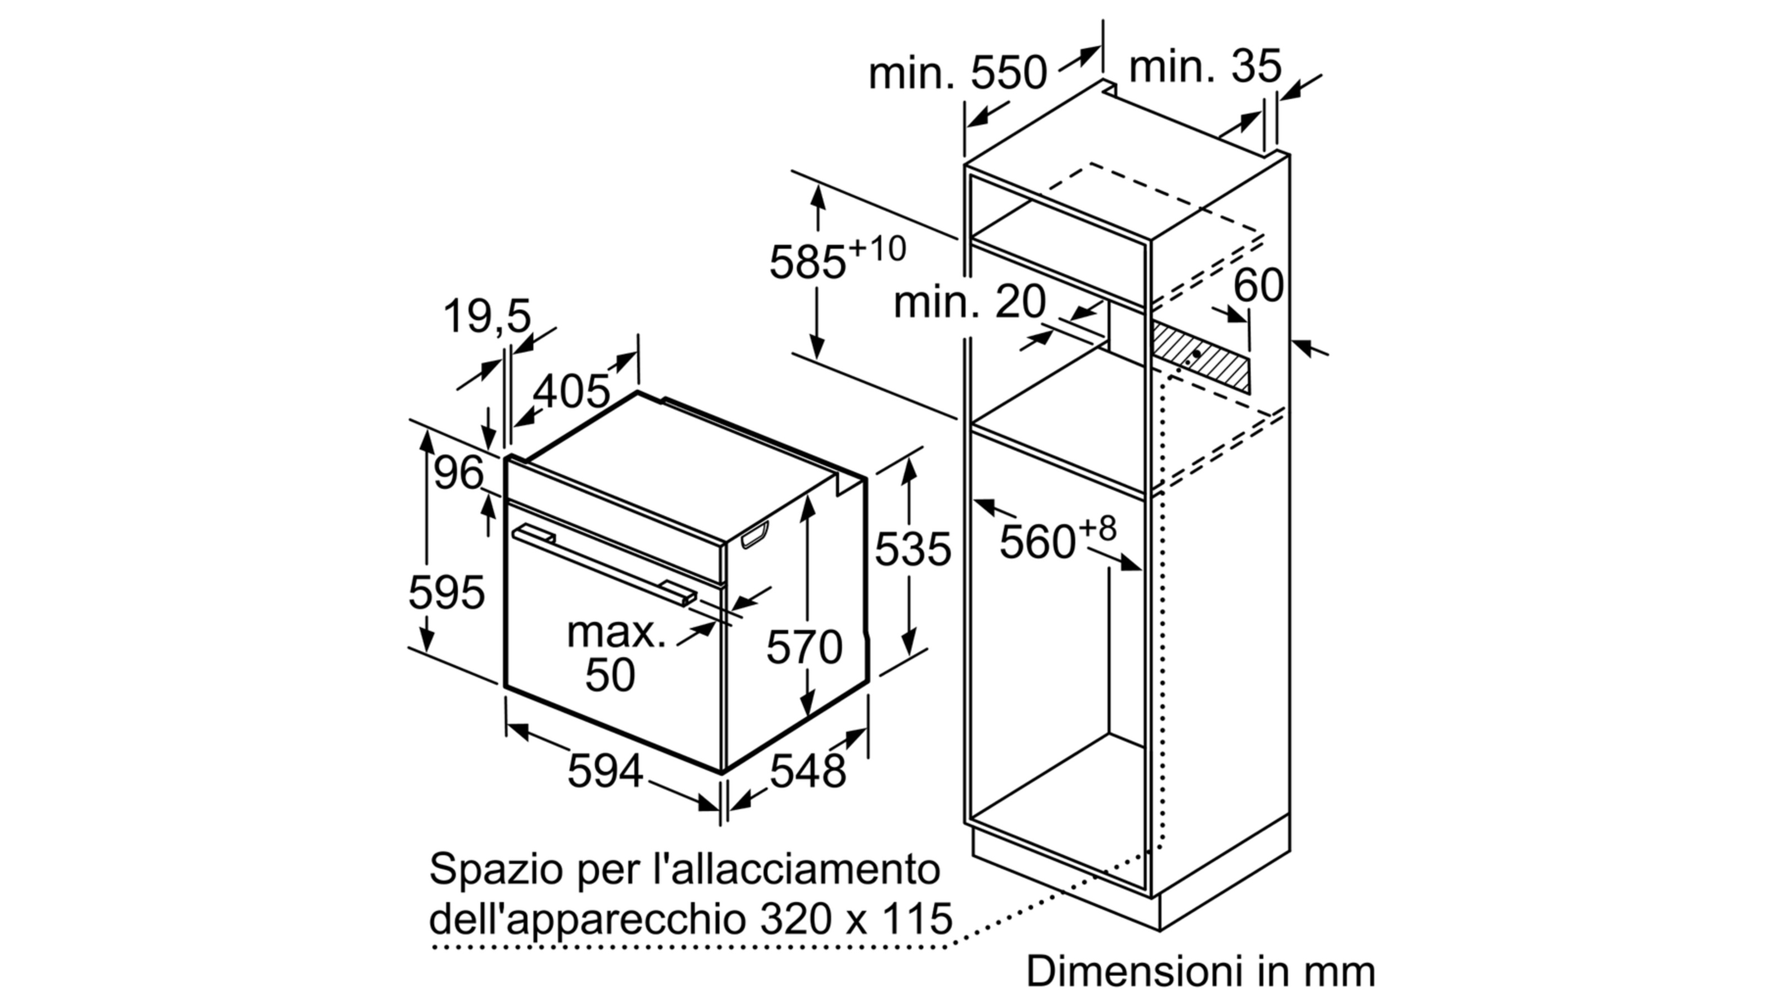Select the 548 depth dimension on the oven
[x=807, y=771]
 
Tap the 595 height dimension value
[x=447, y=592]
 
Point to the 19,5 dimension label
[x=486, y=317]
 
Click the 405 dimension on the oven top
[x=571, y=391]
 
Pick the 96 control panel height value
[x=458, y=474]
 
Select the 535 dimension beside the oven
[x=913, y=549]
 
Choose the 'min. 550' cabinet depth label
[x=958, y=72]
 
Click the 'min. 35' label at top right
[x=1205, y=66]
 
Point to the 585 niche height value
[x=807, y=262]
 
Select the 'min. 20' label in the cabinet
[x=969, y=302]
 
